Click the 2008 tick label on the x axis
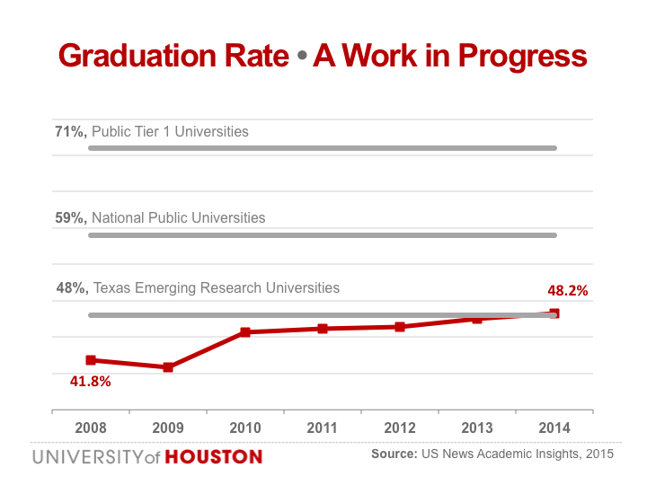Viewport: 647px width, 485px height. coord(91,428)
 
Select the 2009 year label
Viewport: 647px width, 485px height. coord(168,428)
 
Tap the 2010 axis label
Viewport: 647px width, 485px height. coord(245,428)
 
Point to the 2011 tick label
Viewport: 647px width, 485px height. coord(323,428)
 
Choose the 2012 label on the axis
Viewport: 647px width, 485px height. coord(400,428)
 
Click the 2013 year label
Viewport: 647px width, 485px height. coord(477,428)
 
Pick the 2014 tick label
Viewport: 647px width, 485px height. coord(554,428)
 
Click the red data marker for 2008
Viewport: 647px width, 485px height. coord(91,360)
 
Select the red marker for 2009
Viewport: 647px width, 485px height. coord(168,367)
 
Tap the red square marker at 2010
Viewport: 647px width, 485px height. coord(245,332)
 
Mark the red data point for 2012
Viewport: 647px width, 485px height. coord(400,327)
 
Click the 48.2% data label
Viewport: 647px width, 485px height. coord(567,291)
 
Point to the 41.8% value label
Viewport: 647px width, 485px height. coord(91,382)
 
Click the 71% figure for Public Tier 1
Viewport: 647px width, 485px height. coord(70,132)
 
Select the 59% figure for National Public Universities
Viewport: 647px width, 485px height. coord(70,217)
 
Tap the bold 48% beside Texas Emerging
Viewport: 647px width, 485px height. coord(70,288)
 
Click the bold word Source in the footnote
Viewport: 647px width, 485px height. coord(394,454)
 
